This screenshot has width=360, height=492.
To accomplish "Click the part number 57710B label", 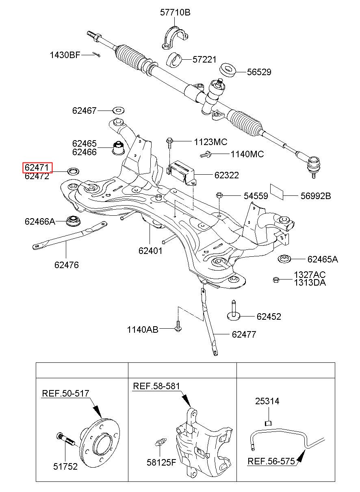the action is (x=175, y=13).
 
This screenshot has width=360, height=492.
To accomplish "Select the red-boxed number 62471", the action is (x=37, y=167).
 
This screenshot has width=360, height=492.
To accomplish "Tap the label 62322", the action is (x=226, y=175).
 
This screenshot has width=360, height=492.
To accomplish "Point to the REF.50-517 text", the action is (x=65, y=393).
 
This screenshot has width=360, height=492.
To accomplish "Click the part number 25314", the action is (x=267, y=401).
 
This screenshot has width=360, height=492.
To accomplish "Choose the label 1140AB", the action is (x=143, y=329).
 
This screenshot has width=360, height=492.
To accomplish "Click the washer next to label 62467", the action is (x=118, y=110).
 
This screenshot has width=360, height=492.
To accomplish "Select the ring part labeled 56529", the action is (x=228, y=70).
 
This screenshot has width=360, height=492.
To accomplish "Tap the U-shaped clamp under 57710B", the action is (x=175, y=38).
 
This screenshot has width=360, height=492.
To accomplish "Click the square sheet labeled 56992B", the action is (x=277, y=192).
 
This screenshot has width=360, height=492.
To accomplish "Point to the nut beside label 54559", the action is (x=219, y=195).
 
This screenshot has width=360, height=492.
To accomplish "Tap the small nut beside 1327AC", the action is (x=275, y=280).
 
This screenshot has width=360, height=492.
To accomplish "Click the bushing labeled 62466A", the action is (x=73, y=221).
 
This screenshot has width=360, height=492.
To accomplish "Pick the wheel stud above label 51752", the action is (x=65, y=439).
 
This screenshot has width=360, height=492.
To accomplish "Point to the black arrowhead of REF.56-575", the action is (x=301, y=456).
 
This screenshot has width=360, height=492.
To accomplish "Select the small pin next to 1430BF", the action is (x=96, y=54).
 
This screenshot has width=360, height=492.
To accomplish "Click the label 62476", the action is (x=66, y=265).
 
